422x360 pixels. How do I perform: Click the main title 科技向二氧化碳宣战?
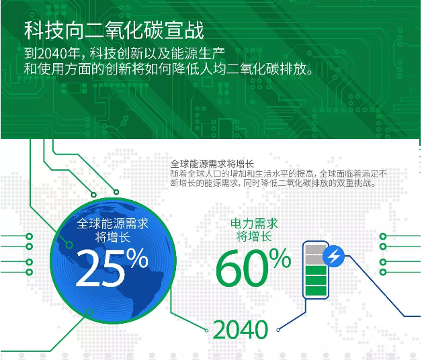(114, 30)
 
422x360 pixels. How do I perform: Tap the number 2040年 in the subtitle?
(58, 53)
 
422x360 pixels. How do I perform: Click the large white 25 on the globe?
(100, 268)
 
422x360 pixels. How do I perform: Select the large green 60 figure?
(243, 268)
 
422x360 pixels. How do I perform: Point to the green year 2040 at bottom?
(241, 330)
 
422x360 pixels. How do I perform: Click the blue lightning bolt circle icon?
(333, 256)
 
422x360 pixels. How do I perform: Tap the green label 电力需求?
(254, 224)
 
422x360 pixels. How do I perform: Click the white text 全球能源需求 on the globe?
(112, 224)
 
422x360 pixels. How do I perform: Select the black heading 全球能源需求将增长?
(212, 164)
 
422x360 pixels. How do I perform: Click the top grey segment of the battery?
(315, 249)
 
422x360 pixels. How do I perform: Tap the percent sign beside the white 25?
(137, 257)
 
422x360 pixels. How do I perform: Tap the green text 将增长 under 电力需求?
(254, 237)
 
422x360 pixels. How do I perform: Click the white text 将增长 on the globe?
(112, 237)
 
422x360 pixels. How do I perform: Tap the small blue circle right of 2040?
(278, 330)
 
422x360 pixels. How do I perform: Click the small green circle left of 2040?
(206, 330)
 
